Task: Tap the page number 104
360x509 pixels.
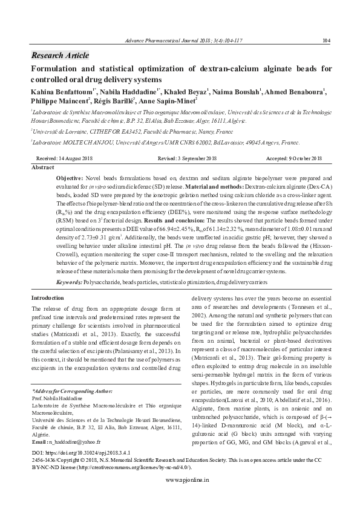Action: click(326, 41)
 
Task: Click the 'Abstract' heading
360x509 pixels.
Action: click(43, 166)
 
